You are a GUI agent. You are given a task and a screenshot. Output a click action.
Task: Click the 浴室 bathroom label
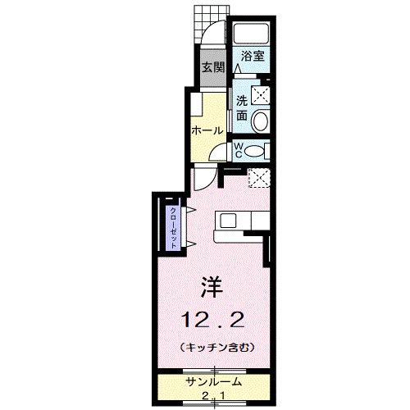coord(252,57)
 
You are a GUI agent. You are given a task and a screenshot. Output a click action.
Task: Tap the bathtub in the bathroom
coord(251,34)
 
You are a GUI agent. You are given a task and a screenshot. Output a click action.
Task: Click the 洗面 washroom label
coord(242,108)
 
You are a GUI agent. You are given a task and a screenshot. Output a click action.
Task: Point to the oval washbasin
coord(261,121)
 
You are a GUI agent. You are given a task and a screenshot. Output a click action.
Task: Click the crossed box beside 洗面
coord(260,94)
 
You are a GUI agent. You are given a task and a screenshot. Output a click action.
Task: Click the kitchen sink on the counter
coord(227,221)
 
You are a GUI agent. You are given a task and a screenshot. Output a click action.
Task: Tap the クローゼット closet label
coord(174,225)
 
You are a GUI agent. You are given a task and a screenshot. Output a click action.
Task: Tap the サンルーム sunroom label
coord(212,382)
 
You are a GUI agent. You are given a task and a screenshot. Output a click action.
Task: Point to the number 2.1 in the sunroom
coord(212,396)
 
